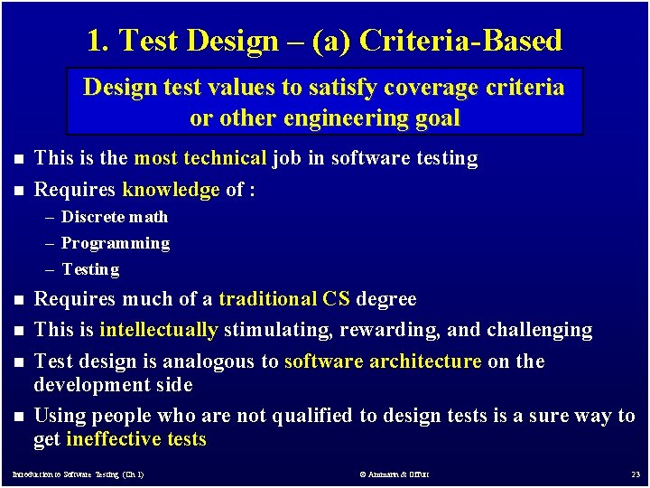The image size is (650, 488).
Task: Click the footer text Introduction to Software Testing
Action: [77, 474]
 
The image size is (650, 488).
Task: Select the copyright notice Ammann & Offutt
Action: [394, 474]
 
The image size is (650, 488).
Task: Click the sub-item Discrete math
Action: [115, 217]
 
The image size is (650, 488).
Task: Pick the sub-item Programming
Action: [116, 243]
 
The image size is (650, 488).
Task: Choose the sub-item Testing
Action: [90, 269]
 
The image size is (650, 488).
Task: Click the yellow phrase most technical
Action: [200, 159]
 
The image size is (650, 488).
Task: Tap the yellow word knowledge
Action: [171, 190]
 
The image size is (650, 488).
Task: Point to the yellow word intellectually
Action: [159, 330]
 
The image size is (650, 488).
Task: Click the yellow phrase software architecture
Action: [383, 361]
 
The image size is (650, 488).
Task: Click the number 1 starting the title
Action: [94, 41]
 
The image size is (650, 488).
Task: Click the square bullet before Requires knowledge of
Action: [16, 191]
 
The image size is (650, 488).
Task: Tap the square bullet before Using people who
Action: [16, 417]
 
